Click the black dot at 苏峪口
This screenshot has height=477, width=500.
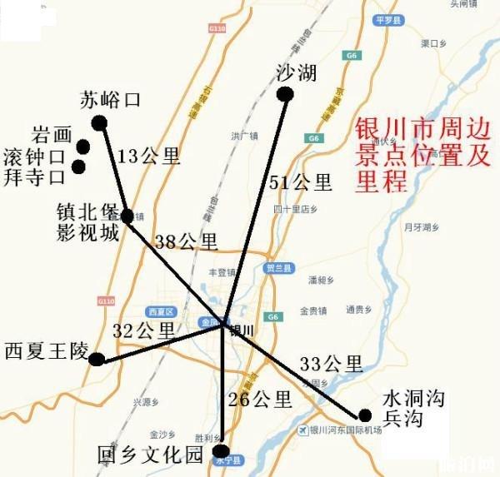pos(99,123)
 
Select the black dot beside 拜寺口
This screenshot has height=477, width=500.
pos(78,166)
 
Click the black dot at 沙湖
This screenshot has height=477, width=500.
pos(285,94)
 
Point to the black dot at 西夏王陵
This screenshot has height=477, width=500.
pos(97,360)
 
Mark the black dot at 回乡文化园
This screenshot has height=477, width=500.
pos(219,450)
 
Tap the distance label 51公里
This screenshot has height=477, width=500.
pos(300,182)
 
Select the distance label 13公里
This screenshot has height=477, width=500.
pos(148,156)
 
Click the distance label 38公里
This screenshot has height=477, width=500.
pos(186,241)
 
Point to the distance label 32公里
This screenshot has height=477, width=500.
pos(145,330)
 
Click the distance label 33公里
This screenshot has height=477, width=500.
pos(331,364)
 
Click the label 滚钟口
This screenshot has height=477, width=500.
pos(34,156)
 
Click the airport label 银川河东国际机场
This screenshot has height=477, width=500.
pos(344,430)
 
